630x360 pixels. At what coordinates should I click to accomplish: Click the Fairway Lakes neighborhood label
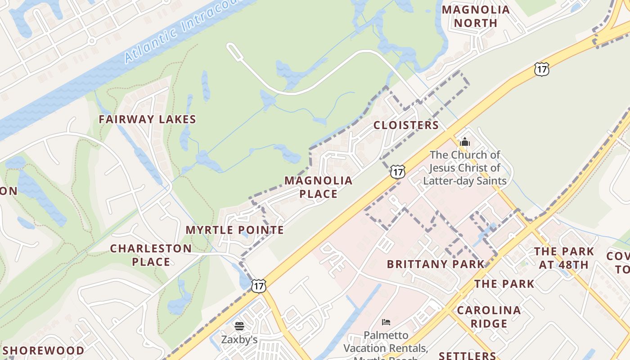coord(147,119)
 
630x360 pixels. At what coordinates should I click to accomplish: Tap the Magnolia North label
coord(476,16)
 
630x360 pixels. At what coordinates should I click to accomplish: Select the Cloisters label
coord(406,125)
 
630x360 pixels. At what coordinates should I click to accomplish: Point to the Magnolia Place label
coord(319,187)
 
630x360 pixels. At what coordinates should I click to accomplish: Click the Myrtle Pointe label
coord(234,230)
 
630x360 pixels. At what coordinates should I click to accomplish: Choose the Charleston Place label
coord(151,255)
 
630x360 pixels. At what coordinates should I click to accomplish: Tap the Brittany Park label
coord(436,264)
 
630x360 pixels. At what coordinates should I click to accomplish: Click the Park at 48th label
coord(564,258)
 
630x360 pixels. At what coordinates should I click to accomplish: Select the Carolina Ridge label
coord(489,317)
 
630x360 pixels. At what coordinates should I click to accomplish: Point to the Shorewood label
coord(44,351)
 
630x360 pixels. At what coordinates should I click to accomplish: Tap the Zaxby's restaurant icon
coord(239,325)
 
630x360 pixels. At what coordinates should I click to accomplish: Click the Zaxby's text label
coord(239,339)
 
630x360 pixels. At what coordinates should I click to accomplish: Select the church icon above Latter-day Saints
coord(465,142)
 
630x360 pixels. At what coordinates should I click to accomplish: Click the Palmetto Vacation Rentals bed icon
coord(386,322)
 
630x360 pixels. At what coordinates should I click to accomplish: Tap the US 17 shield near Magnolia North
coord(542,69)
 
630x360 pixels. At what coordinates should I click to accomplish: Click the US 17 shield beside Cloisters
coord(397,171)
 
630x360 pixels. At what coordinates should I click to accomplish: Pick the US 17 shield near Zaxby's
coord(258,285)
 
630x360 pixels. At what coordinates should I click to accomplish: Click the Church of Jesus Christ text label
coord(465,168)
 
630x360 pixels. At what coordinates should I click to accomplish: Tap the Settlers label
coord(467,355)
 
